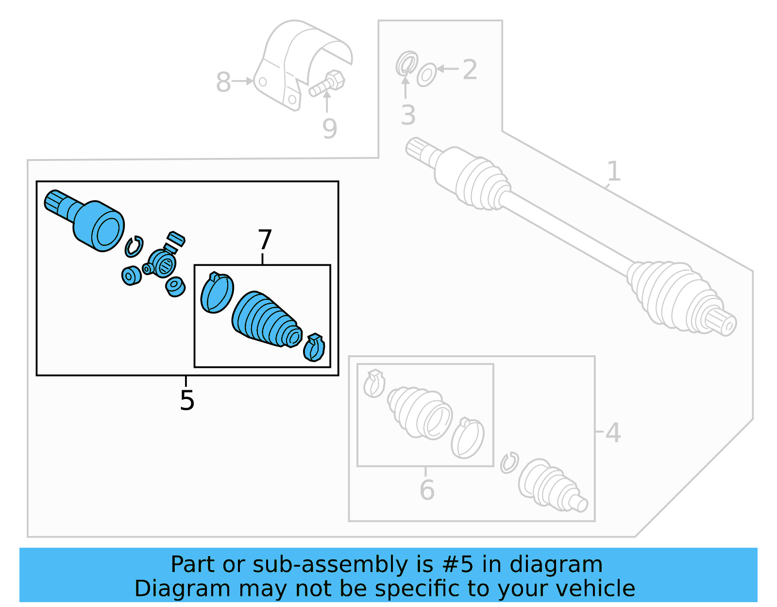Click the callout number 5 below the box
pos(187,400)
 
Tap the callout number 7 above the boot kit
pos(265,240)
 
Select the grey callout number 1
pos(614,172)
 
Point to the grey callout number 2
pos(470,69)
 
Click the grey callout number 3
pos(408,115)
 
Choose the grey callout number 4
pos(613,433)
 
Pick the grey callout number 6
pos(427,489)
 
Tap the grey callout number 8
pos(223,82)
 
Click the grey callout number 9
pos(330,129)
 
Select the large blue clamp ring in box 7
pos(217,293)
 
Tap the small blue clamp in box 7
pos(314,347)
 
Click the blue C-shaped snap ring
pos(134,246)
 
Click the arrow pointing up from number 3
pos(405,87)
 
